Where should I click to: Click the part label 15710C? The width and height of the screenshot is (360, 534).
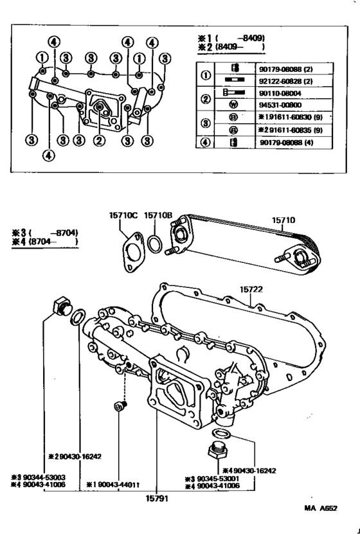pos(124,217)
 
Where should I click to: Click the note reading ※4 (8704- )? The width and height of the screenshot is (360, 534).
pos(44,242)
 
